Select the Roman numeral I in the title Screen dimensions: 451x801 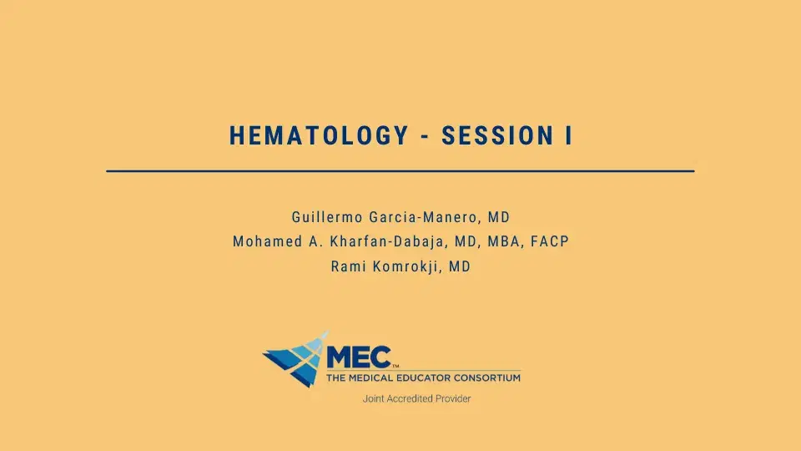[568, 135]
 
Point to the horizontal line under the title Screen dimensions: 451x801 [400, 170]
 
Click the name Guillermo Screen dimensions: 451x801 [326, 217]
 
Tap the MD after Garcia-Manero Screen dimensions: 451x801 [499, 217]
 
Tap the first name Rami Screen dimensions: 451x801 [348, 268]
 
